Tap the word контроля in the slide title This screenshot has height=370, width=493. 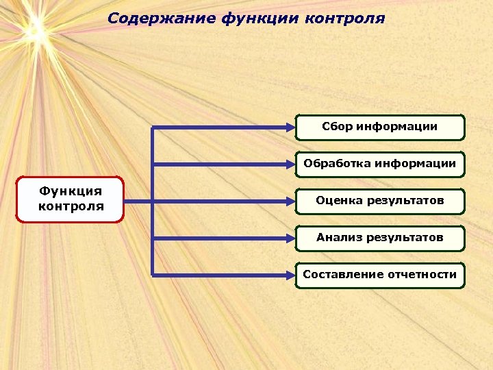349,18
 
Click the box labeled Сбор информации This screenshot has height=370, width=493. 380,127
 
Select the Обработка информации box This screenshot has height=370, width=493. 380,164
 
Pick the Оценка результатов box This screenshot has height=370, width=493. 380,201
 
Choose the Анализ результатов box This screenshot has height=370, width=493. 380,238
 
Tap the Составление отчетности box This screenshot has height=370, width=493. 380,275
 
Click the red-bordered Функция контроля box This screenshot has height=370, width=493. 71,199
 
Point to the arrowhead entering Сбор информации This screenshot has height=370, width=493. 290,127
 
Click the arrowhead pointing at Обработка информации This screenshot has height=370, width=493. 290,164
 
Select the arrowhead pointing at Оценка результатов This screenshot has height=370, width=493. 290,201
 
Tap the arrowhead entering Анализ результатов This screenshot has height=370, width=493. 290,238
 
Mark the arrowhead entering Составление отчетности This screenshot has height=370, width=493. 290,275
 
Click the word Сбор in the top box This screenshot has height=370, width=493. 336,127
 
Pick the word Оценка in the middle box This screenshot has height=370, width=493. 335,201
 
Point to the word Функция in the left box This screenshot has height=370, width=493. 71,191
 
